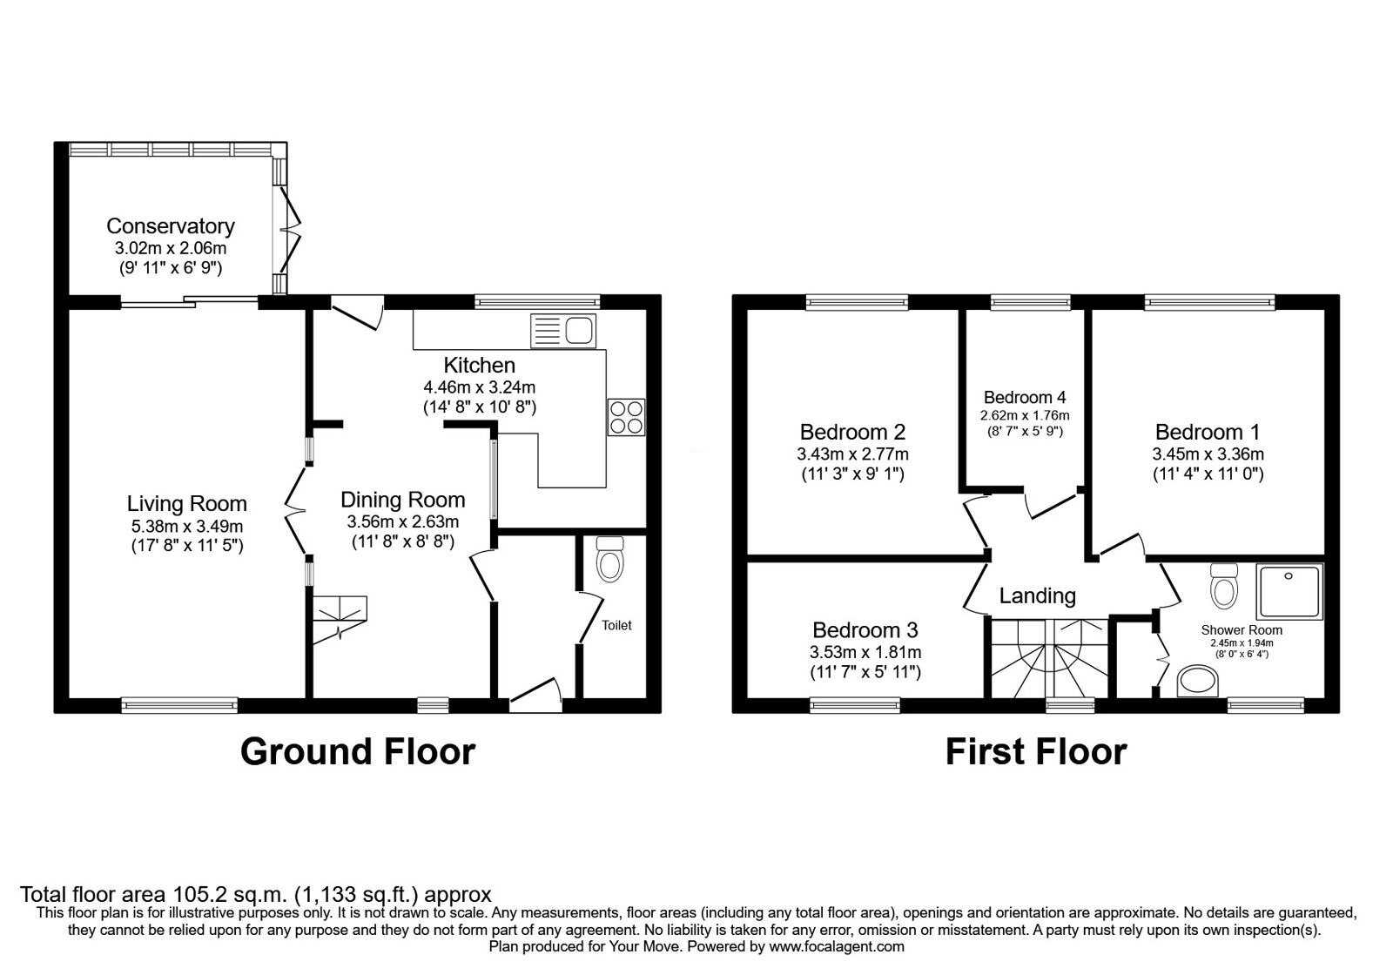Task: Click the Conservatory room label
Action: click(170, 226)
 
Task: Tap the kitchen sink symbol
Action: click(562, 331)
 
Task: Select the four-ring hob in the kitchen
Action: click(627, 416)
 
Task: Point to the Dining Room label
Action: click(402, 500)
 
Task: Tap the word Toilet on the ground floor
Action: click(616, 625)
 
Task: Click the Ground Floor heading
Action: click(358, 751)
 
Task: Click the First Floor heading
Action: click(1036, 751)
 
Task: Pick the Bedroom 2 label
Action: click(852, 432)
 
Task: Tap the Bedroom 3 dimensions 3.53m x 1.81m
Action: click(865, 652)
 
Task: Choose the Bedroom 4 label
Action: click(1025, 398)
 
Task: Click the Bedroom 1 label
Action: click(1208, 432)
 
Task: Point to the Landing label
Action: click(1037, 595)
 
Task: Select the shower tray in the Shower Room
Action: click(1289, 594)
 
